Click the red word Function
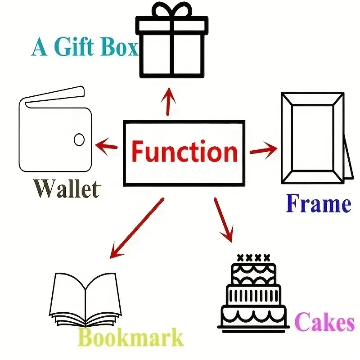click(x=184, y=151)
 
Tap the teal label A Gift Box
click(x=85, y=47)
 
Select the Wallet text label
click(x=67, y=188)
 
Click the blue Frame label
click(x=319, y=203)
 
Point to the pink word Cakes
click(x=324, y=321)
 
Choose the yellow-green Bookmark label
click(x=130, y=337)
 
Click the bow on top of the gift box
click(x=172, y=9)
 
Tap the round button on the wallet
click(x=79, y=139)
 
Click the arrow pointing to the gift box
click(x=168, y=101)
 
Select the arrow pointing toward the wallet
click(x=106, y=146)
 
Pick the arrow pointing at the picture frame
click(x=264, y=150)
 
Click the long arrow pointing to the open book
click(x=137, y=228)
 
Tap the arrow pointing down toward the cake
click(x=224, y=220)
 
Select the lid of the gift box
click(x=172, y=25)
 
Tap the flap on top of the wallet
click(x=54, y=97)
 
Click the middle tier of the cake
click(x=253, y=295)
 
